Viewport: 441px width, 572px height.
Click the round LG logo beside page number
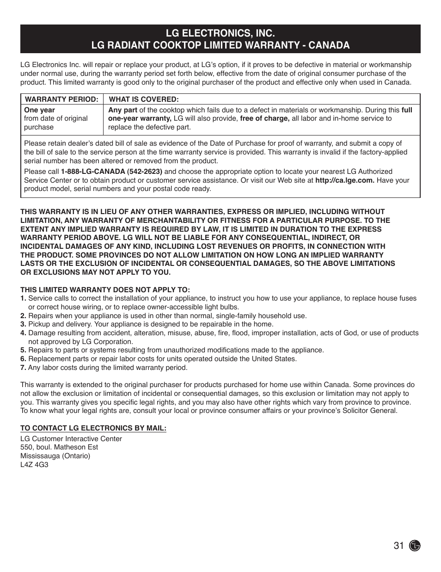pos(415,546)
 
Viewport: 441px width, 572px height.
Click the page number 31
pos(399,546)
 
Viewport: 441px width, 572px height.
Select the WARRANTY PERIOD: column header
pos(61,99)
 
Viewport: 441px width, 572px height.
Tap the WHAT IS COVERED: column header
pos(144,99)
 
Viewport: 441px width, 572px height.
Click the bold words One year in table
pos(39,110)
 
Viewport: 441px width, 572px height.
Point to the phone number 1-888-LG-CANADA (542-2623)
pos(111,172)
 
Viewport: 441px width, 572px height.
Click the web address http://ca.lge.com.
pos(345,180)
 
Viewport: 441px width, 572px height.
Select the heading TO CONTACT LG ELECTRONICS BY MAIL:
pos(93,428)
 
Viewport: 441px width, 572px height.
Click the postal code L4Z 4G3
pos(34,464)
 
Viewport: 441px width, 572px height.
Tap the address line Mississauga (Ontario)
pos(55,456)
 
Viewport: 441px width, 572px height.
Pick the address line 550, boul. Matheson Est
pos(59,447)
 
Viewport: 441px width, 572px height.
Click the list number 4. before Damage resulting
pos(23,333)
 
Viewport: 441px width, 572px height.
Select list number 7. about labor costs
pos(23,368)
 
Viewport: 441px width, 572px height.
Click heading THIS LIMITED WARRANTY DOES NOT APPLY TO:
pos(105,290)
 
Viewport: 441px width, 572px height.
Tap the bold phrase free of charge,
pos(264,118)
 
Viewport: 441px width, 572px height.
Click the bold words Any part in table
pos(122,110)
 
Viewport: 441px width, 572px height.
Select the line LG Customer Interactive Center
pos(71,439)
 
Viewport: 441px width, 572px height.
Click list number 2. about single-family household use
pos(23,316)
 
